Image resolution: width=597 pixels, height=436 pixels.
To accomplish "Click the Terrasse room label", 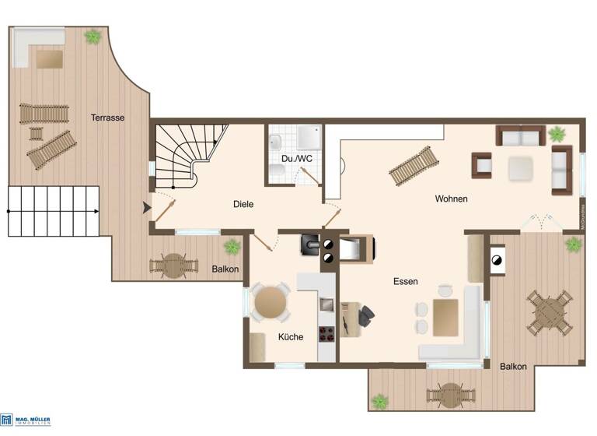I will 107,118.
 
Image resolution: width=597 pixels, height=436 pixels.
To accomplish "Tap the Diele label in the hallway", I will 243,204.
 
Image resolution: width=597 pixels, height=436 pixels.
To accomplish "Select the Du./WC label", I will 297,159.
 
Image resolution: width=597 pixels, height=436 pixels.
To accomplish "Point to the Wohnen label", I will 451,199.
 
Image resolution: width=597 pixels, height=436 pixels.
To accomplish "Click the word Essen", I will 406,282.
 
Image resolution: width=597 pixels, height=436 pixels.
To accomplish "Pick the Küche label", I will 291,337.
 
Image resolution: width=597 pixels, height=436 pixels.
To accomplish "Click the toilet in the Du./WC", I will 276,143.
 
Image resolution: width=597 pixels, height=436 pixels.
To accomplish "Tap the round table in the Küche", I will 270,301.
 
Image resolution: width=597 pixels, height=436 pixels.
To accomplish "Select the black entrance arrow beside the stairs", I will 146,207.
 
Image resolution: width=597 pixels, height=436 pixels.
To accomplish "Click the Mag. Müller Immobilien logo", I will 26,420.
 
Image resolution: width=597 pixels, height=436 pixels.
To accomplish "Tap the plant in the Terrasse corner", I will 93,37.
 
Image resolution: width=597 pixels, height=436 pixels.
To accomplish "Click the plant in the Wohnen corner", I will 557,134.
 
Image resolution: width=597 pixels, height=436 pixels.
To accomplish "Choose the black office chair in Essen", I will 364,315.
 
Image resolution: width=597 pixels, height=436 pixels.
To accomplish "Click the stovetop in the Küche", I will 327,333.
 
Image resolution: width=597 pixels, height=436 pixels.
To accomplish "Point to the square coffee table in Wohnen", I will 520,167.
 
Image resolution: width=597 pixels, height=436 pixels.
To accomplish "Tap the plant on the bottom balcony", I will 379,402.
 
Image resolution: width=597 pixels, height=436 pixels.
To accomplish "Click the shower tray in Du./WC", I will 309,137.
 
